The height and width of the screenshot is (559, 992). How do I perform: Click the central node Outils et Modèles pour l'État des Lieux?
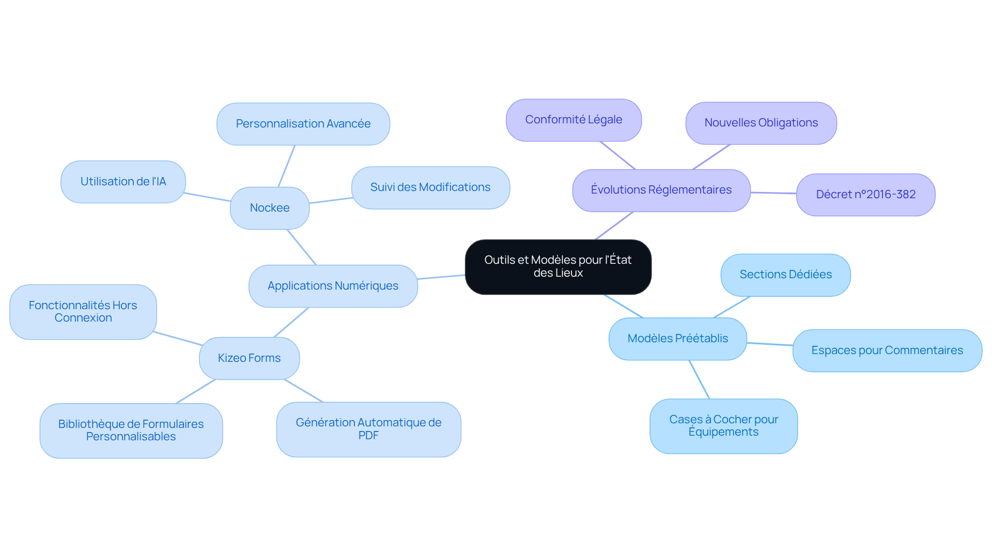click(558, 266)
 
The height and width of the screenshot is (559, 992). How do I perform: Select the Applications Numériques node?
click(333, 286)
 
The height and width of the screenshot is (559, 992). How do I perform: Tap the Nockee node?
click(269, 208)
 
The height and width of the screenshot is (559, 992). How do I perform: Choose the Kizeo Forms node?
click(249, 358)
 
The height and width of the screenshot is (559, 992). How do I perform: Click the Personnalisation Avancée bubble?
click(303, 124)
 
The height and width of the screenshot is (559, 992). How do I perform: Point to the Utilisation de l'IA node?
click(123, 182)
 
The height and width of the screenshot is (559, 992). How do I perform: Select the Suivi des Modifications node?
click(430, 187)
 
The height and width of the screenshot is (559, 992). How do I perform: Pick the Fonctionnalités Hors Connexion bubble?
click(83, 312)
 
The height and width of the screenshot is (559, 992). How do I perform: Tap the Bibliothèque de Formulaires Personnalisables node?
click(131, 430)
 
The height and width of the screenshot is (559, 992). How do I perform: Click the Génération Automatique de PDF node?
click(368, 429)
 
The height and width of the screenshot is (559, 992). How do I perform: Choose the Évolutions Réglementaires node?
click(661, 190)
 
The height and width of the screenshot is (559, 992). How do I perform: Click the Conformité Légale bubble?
click(574, 120)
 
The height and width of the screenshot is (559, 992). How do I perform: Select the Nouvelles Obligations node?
click(761, 123)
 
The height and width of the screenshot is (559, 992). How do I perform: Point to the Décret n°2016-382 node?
click(865, 195)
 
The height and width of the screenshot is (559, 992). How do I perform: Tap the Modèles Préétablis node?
click(677, 339)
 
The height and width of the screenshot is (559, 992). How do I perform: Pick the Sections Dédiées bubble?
click(785, 275)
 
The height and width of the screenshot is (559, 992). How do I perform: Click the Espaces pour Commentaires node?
click(887, 350)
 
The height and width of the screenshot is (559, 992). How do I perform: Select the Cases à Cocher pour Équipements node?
click(723, 426)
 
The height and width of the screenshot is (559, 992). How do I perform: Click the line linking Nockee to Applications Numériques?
click(302, 247)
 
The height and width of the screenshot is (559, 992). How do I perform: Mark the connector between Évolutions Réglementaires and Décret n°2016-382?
click(773, 193)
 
